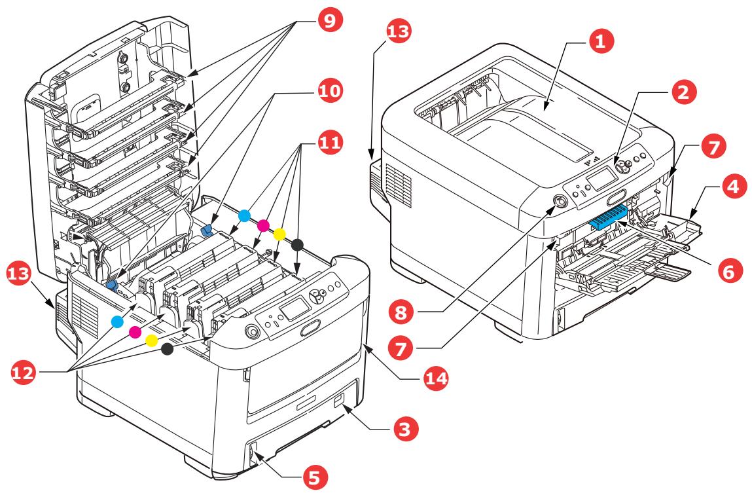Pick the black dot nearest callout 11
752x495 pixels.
(297, 244)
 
